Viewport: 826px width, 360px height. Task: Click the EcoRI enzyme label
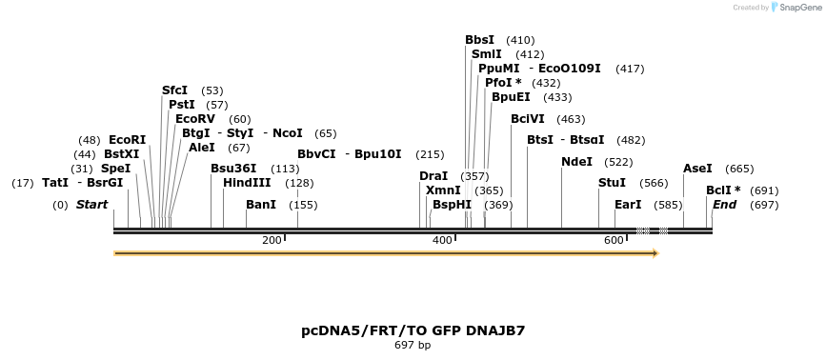pyautogui.click(x=128, y=140)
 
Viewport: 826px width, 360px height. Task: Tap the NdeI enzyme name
pyautogui.click(x=576, y=162)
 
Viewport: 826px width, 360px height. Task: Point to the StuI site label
pyautogui.click(x=612, y=183)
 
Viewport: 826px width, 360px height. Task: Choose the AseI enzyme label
pyautogui.click(x=697, y=169)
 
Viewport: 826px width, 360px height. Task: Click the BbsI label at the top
pyautogui.click(x=479, y=40)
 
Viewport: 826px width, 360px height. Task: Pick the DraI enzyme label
pyautogui.click(x=433, y=176)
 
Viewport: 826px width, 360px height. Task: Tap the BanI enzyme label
pyautogui.click(x=261, y=205)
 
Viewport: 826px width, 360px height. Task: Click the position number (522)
pyautogui.click(x=618, y=162)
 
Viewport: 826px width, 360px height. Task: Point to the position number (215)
pyautogui.click(x=431, y=154)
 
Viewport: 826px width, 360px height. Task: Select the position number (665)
pyautogui.click(x=739, y=169)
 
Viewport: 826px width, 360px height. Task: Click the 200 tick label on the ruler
pyautogui.click(x=272, y=240)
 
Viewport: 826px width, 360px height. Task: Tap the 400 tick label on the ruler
pyautogui.click(x=442, y=240)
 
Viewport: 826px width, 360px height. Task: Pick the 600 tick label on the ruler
pyautogui.click(x=614, y=240)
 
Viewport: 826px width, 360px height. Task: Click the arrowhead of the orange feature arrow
pyautogui.click(x=655, y=253)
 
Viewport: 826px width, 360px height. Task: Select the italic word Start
pyautogui.click(x=91, y=205)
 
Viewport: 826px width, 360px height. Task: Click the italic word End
pyautogui.click(x=724, y=205)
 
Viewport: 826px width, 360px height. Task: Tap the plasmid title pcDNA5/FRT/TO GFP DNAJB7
pyautogui.click(x=413, y=331)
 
